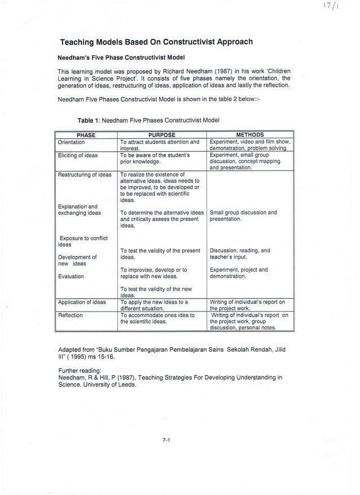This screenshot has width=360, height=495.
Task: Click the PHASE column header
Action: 86,135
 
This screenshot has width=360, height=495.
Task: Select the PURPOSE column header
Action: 161,135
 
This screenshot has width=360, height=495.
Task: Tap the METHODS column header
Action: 249,135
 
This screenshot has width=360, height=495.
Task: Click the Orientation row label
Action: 72,142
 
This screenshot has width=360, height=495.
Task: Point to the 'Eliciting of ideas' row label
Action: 78,155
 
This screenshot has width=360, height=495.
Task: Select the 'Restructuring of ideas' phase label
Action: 85,175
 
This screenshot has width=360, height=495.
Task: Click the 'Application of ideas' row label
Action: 82,303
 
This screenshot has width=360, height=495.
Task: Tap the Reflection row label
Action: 71,316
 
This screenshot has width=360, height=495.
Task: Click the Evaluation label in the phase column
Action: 71,277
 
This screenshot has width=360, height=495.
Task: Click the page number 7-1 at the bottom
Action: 166,442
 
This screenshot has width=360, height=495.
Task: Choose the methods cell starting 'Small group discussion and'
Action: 243,216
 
